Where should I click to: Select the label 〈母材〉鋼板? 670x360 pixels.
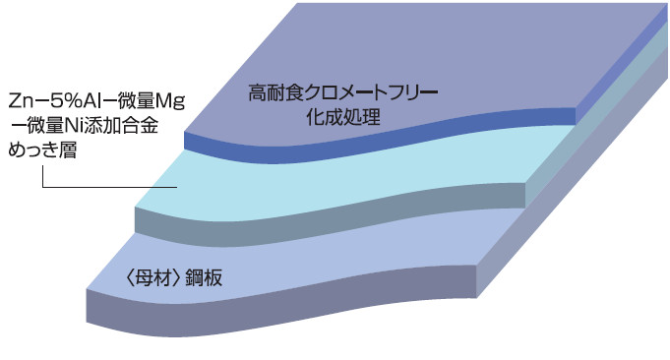[166, 277]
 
